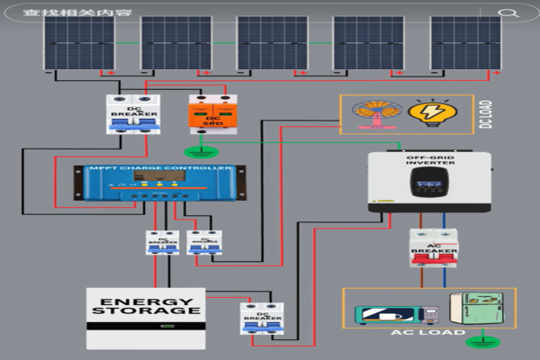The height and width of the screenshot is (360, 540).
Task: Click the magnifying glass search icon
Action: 508,13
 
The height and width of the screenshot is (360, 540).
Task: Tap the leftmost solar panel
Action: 80,42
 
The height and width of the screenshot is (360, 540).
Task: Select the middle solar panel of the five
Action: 272,42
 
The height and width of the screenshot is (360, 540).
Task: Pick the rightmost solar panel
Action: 465,42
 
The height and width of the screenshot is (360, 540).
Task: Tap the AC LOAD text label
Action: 428,333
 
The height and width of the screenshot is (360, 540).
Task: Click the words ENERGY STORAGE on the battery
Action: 145,306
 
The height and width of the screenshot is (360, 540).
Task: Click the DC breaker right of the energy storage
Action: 262,319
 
